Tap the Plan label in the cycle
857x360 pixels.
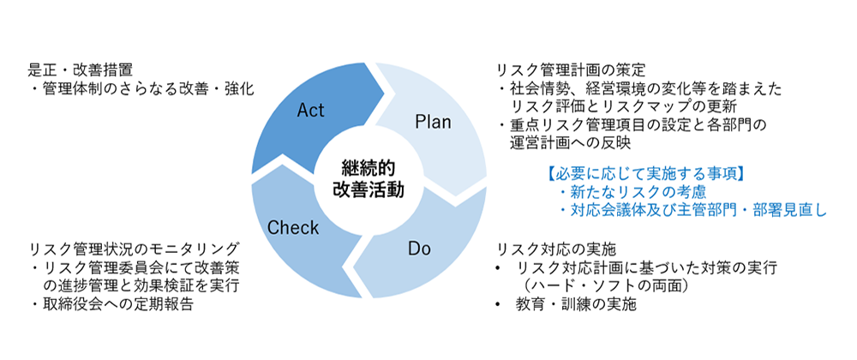pyautogui.click(x=433, y=121)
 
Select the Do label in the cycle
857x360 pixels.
pyautogui.click(x=419, y=249)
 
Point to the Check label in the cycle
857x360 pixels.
pyautogui.click(x=293, y=228)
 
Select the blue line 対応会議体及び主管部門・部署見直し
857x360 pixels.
pyautogui.click(x=692, y=210)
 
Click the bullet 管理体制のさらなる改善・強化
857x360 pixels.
pyautogui.click(x=141, y=88)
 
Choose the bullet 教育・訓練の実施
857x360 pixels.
pyautogui.click(x=574, y=304)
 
